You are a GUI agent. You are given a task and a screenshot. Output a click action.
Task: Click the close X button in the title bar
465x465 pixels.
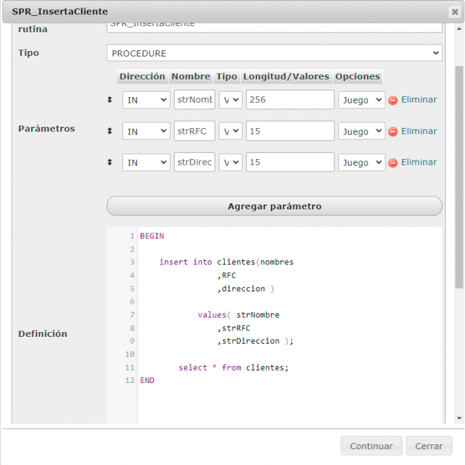(454, 12)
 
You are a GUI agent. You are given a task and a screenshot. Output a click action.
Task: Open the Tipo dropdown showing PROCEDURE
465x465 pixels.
(274, 53)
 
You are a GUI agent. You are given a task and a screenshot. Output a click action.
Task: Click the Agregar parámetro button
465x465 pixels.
(274, 206)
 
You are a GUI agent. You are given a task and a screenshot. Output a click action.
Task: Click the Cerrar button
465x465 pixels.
(429, 446)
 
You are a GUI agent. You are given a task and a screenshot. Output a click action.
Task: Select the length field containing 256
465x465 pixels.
(289, 100)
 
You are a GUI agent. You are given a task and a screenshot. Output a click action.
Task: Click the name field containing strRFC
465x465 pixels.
(195, 131)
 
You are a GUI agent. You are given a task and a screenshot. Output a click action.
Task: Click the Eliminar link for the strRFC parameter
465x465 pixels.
(418, 131)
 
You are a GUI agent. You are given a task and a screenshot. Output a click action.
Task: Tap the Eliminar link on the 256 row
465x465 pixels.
(418, 100)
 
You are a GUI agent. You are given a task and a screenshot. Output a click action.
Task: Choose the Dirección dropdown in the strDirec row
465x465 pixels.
(146, 163)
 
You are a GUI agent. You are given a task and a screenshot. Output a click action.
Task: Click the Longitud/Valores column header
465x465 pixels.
(286, 76)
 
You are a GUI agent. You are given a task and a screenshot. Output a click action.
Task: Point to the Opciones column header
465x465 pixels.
(357, 76)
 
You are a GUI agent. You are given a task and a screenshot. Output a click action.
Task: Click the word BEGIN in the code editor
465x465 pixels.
(152, 236)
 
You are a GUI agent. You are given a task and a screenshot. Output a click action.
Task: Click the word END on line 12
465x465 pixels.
(147, 380)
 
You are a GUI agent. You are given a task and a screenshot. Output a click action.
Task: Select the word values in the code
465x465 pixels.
(211, 315)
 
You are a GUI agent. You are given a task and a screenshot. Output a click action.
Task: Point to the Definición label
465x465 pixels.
(43, 333)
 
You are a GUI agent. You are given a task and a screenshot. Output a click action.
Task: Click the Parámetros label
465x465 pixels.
(47, 128)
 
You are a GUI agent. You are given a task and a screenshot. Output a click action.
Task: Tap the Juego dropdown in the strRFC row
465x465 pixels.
(361, 131)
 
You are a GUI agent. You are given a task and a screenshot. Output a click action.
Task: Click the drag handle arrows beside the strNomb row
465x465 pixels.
(110, 100)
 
